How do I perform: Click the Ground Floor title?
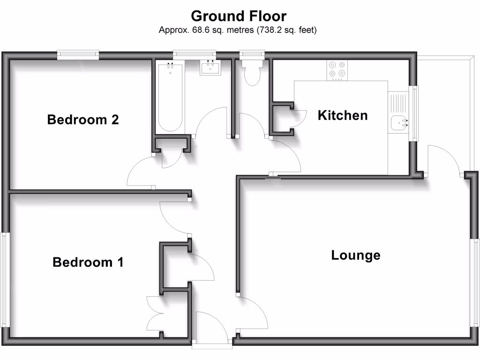239,16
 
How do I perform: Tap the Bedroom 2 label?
83,120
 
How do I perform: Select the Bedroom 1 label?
88,262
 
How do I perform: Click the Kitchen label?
343,115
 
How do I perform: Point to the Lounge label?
356,255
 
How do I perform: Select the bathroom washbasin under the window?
209,68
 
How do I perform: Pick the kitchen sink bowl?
398,123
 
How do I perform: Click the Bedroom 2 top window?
78,55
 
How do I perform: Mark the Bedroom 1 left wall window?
5,279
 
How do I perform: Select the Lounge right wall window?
475,283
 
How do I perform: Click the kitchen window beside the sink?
415,114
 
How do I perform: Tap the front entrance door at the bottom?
212,346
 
